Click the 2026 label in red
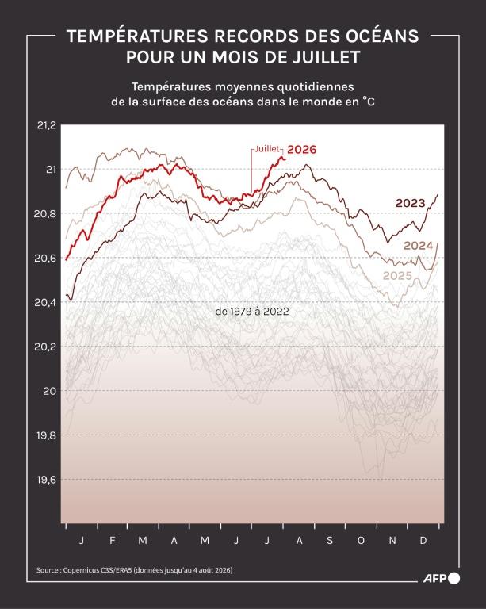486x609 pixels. (301, 150)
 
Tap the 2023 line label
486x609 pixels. (411, 203)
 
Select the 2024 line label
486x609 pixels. (418, 246)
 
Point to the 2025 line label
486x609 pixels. (397, 276)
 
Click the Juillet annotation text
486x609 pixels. (267, 149)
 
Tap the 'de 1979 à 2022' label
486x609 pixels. (252, 312)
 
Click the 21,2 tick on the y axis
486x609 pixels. (47, 125)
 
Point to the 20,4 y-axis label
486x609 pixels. (45, 302)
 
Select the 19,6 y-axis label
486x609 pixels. (46, 480)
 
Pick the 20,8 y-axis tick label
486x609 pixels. (45, 213)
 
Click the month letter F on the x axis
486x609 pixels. (112, 540)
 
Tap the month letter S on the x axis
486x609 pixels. (330, 540)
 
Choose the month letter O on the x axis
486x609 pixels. (361, 540)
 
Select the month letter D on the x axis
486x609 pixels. (423, 540)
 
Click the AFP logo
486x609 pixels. (442, 578)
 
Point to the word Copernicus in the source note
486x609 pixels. (81, 570)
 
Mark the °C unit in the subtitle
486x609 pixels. (369, 101)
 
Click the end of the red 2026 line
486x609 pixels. (285, 159)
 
